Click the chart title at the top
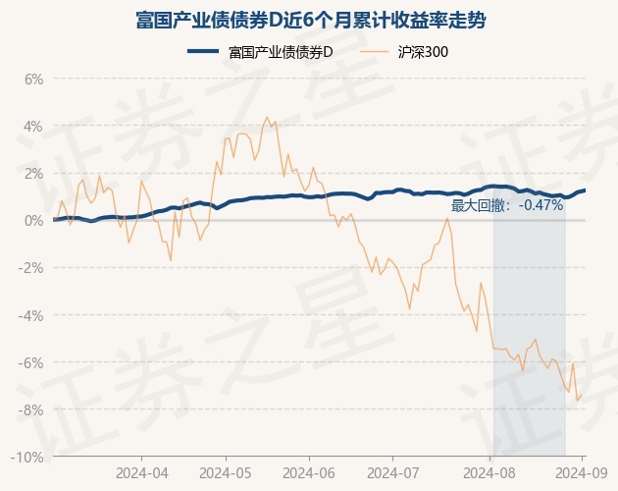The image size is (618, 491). tap(309, 20)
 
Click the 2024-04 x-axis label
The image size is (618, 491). tap(141, 471)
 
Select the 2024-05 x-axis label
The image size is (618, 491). tap(226, 471)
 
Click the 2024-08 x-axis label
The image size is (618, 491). tap(492, 471)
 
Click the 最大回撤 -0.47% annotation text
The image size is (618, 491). tap(507, 205)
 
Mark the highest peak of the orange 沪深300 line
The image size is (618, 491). tap(268, 117)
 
